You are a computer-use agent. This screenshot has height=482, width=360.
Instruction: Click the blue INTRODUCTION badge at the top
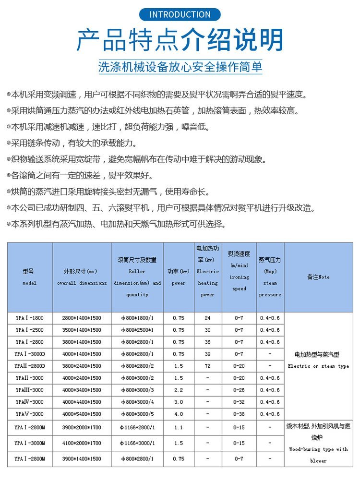tap(180, 14)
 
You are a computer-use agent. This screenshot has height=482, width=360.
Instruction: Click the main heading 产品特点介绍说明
tap(180, 40)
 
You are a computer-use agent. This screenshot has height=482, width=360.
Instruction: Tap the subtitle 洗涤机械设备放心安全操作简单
tap(180, 66)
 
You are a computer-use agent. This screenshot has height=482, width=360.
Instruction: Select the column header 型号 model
tap(29, 277)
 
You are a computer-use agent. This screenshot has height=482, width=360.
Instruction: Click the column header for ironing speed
tap(239, 277)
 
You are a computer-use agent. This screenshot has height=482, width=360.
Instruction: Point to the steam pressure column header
tap(270, 277)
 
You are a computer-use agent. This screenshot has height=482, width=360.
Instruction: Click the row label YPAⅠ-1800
tap(29, 318)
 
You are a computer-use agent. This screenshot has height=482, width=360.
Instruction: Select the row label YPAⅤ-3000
tap(29, 414)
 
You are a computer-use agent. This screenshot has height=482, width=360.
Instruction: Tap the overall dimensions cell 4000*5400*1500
tap(82, 414)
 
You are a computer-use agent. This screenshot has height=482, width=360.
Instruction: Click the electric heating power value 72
tap(208, 366)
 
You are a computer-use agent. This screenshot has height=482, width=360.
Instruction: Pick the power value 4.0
tap(179, 414)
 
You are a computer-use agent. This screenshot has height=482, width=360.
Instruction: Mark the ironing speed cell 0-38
tap(239, 414)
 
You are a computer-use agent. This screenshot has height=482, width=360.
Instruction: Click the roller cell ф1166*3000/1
tap(137, 443)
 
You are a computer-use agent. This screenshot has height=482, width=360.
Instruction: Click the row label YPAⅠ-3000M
tap(29, 443)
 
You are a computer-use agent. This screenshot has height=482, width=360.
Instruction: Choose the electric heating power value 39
tap(208, 354)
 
